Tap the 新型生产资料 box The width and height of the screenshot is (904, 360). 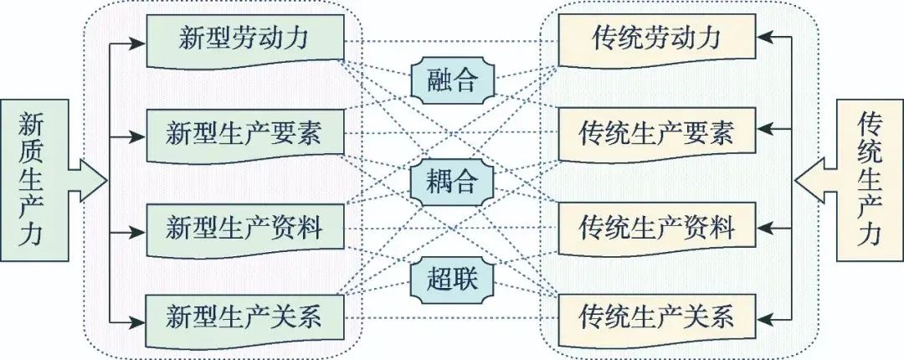tap(245, 230)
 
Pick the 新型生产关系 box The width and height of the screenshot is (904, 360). tap(245, 318)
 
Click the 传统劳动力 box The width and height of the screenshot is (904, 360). tap(657, 39)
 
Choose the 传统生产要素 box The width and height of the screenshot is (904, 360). tap(657, 135)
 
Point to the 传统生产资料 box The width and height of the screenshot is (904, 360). tap(657, 229)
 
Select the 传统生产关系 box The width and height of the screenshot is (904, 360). tap(657, 319)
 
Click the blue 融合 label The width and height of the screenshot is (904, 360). tap(453, 80)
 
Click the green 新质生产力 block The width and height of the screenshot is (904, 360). tap(53, 180)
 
